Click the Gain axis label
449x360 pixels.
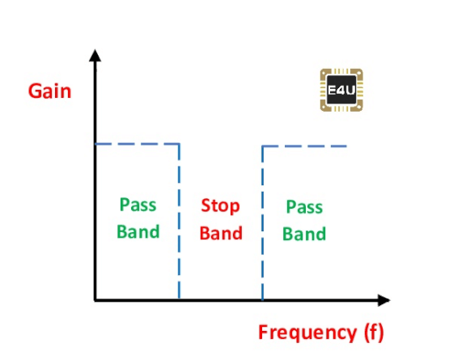[49, 91]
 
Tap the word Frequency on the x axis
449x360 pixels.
[307, 332]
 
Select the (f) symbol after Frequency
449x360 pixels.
[374, 332]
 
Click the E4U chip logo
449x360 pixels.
[341, 90]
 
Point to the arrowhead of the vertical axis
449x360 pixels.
[95, 55]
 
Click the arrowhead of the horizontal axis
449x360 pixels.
[384, 300]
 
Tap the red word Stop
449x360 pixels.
[220, 206]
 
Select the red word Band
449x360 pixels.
[221, 233]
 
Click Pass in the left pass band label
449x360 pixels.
[138, 205]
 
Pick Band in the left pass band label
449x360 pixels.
[138, 231]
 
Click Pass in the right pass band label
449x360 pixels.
[304, 206]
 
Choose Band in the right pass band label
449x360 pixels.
[304, 234]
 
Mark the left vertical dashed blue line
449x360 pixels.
[180, 222]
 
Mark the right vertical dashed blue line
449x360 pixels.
[263, 223]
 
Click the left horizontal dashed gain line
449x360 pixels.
[138, 144]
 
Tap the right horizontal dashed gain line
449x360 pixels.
[305, 146]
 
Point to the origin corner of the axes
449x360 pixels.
[95, 300]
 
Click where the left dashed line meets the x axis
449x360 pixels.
[180, 300]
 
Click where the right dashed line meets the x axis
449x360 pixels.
[263, 300]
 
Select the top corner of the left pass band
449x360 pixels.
[180, 144]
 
